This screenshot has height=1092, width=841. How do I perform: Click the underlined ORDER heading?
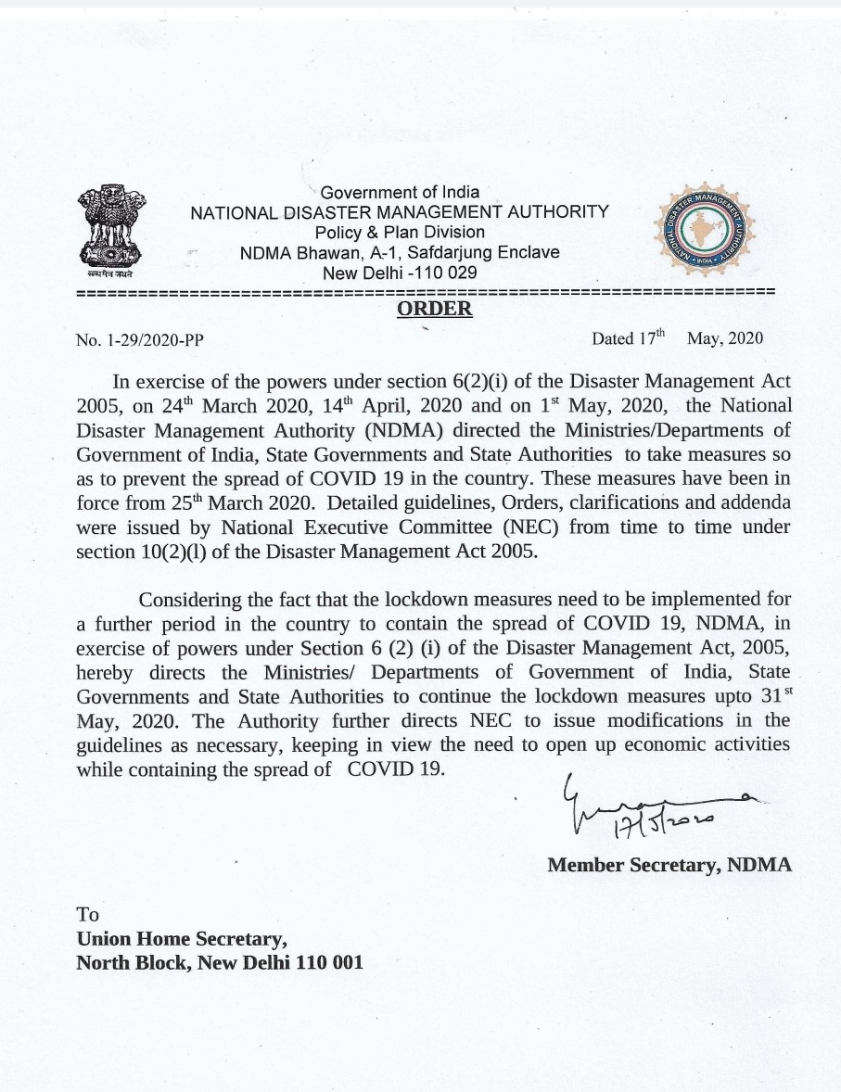(434, 309)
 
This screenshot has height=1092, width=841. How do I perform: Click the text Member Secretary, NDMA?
(669, 865)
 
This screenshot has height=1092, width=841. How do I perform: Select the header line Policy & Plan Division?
(400, 232)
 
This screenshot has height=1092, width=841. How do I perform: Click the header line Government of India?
(400, 193)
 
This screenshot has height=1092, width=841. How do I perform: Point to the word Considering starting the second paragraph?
(197, 599)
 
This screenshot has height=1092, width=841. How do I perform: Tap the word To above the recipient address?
(87, 914)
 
